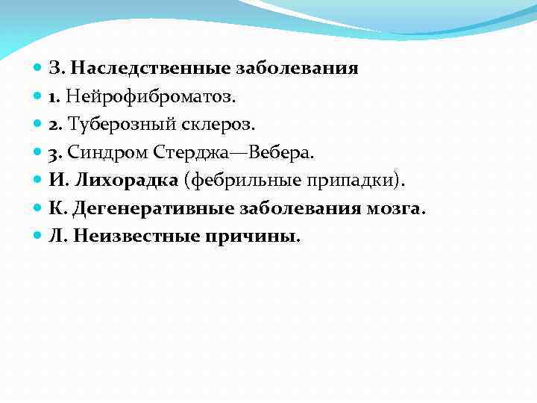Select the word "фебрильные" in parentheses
(242, 181)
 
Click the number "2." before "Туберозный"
(56, 125)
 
